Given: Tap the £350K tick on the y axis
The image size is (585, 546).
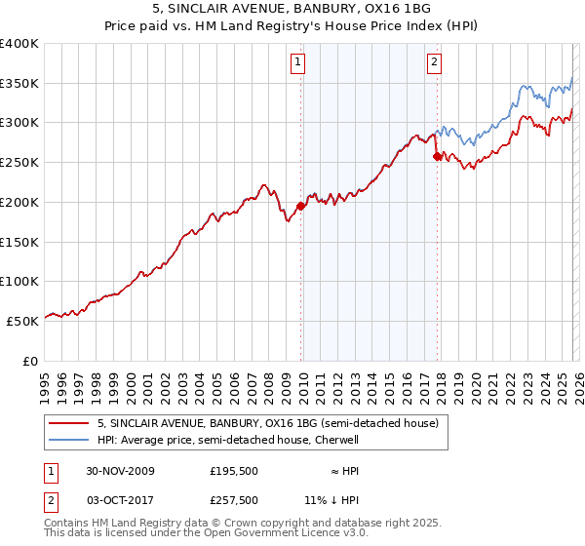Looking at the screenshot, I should click(19, 84).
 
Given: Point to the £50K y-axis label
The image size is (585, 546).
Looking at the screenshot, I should click(22, 321).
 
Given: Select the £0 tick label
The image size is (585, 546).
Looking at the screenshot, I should click(31, 361).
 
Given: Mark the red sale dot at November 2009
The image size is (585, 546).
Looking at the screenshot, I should click(300, 206).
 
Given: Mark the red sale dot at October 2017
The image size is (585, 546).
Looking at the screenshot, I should click(436, 156).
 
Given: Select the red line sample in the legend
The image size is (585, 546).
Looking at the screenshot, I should click(68, 424).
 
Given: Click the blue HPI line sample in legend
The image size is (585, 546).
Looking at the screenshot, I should click(68, 440).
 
